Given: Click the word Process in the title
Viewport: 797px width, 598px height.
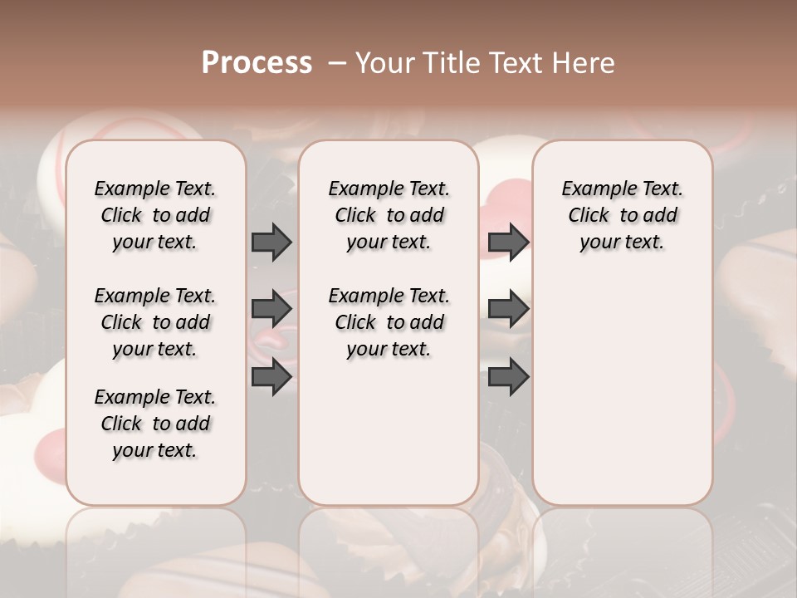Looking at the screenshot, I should point(257,62).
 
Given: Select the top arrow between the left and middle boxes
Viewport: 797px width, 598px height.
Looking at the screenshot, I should point(271,242).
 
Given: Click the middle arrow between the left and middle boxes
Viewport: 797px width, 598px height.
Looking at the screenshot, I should point(271,309).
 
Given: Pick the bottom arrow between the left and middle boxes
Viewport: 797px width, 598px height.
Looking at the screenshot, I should point(271,377).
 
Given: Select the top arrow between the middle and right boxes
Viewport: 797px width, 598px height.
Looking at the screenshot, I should point(508,242).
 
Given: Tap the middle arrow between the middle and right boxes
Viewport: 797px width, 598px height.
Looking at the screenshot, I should point(508,309).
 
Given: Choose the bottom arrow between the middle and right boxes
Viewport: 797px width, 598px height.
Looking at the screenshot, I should point(508,377).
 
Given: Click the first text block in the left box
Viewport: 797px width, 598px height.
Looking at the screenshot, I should point(155,215).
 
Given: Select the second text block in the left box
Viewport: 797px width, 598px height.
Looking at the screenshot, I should point(155,322).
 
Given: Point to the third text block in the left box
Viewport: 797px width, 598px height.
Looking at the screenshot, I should point(155,424).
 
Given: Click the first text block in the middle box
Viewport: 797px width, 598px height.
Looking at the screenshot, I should point(389,215).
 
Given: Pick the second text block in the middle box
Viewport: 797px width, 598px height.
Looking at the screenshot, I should point(389,322).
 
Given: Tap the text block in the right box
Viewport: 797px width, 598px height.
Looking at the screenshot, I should point(623,215).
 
